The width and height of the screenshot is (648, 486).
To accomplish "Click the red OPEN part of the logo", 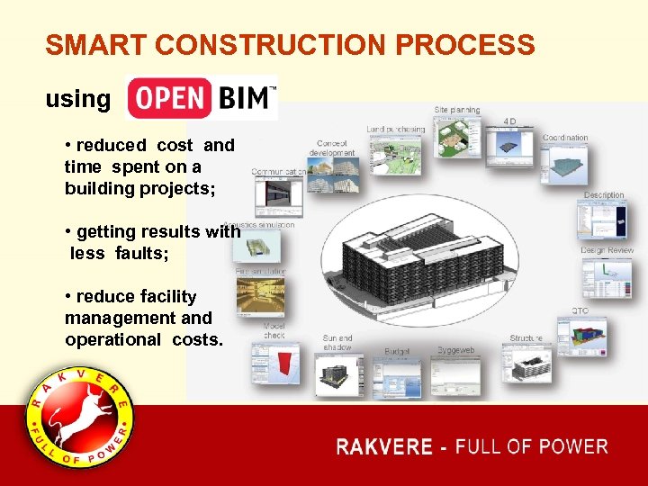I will [169, 98].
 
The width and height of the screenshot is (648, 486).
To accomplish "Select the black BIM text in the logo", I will [243, 98].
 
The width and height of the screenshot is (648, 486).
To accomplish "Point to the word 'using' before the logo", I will [77, 99].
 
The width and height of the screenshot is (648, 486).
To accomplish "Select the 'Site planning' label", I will [457, 110].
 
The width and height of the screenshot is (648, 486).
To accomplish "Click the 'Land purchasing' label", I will [396, 130].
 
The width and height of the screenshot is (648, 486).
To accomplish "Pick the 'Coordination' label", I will [565, 138].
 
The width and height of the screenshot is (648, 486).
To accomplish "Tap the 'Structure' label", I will [526, 339].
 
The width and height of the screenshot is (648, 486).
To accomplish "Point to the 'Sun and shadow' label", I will [337, 343].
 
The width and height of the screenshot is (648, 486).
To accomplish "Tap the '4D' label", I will [510, 121].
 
